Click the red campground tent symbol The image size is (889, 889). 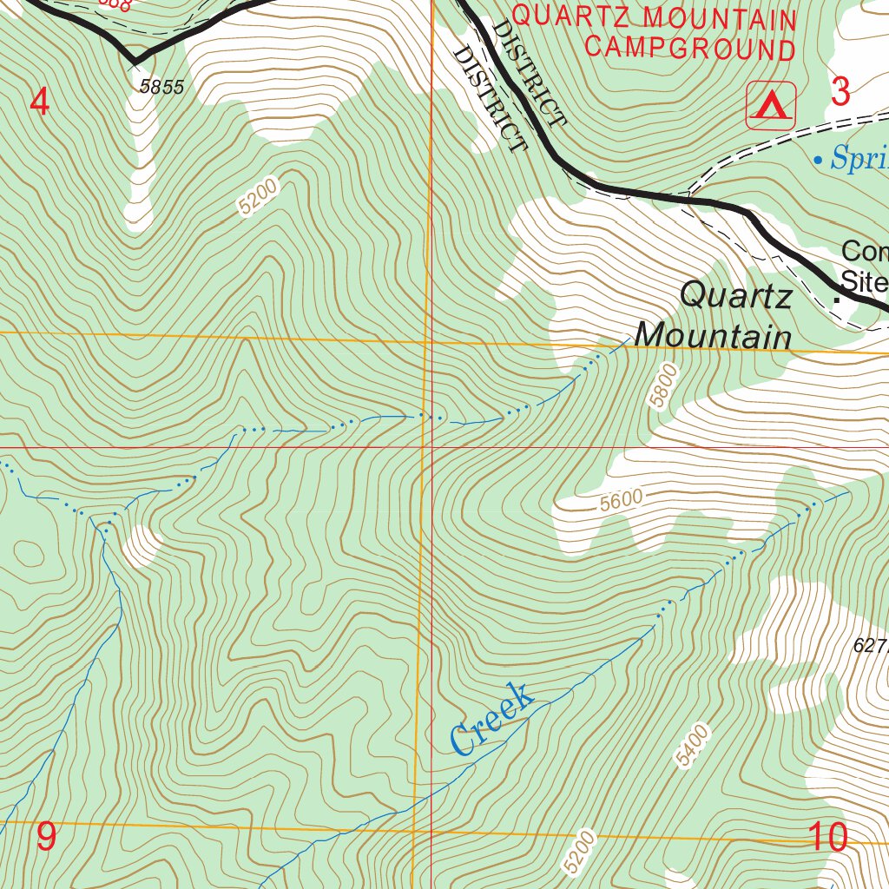770,106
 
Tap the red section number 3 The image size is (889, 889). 840,91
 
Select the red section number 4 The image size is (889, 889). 39,102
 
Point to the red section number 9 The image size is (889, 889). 46,837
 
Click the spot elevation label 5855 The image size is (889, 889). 161,87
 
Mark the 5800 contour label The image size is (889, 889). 662,385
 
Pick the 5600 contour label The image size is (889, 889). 621,499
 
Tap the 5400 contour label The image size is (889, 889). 695,746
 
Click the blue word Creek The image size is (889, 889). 491,719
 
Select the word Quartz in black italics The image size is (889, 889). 736,296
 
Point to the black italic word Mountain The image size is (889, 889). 714,335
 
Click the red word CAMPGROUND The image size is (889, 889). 690,48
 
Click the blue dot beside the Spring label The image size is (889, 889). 818,160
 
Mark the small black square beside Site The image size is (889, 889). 837,300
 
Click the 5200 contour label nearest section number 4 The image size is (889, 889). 258,197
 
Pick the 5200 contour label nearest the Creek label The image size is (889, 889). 580,852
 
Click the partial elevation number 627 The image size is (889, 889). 870,645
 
